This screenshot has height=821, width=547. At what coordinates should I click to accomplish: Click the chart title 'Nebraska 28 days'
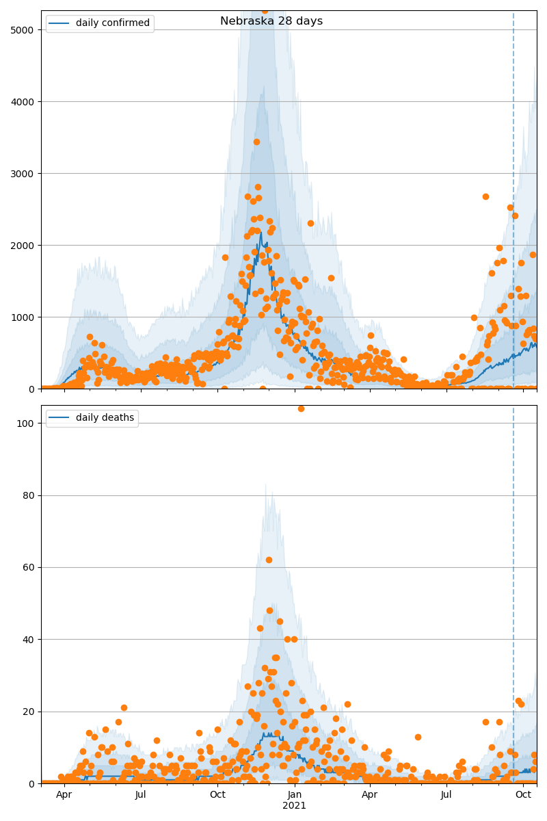tap(271, 21)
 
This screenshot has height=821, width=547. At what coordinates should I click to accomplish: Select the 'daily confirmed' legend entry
tap(112, 23)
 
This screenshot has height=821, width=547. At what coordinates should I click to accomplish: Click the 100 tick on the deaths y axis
tap(27, 423)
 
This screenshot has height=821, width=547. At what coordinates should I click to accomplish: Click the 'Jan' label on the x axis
tap(295, 794)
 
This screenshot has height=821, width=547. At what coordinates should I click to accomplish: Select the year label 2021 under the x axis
tap(295, 805)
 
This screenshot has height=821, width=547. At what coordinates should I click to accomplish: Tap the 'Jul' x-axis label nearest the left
tap(141, 794)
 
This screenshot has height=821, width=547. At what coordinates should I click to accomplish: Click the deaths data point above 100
tap(301, 408)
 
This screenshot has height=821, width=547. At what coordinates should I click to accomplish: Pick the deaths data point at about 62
tap(269, 560)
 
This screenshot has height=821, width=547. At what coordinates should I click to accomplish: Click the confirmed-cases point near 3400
tap(256, 142)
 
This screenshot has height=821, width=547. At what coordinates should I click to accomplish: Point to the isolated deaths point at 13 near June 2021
tap(418, 737)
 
